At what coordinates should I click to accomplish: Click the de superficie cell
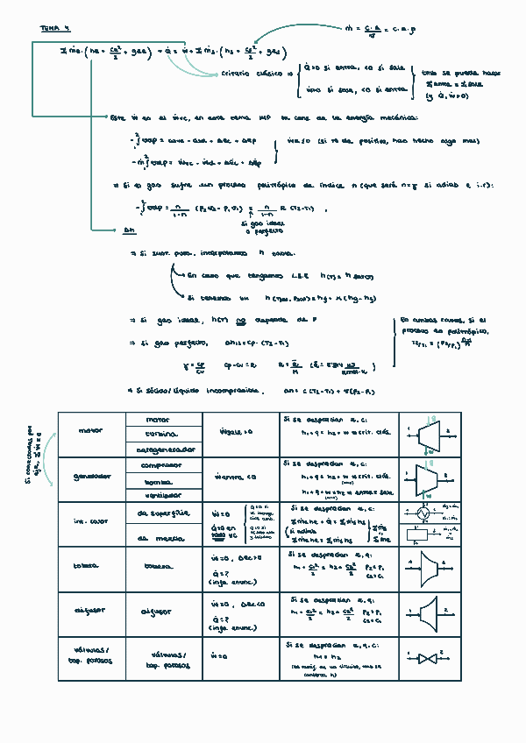point(164,512)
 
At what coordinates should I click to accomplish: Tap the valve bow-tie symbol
point(429,657)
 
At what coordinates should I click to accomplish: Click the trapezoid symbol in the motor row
point(430,433)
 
